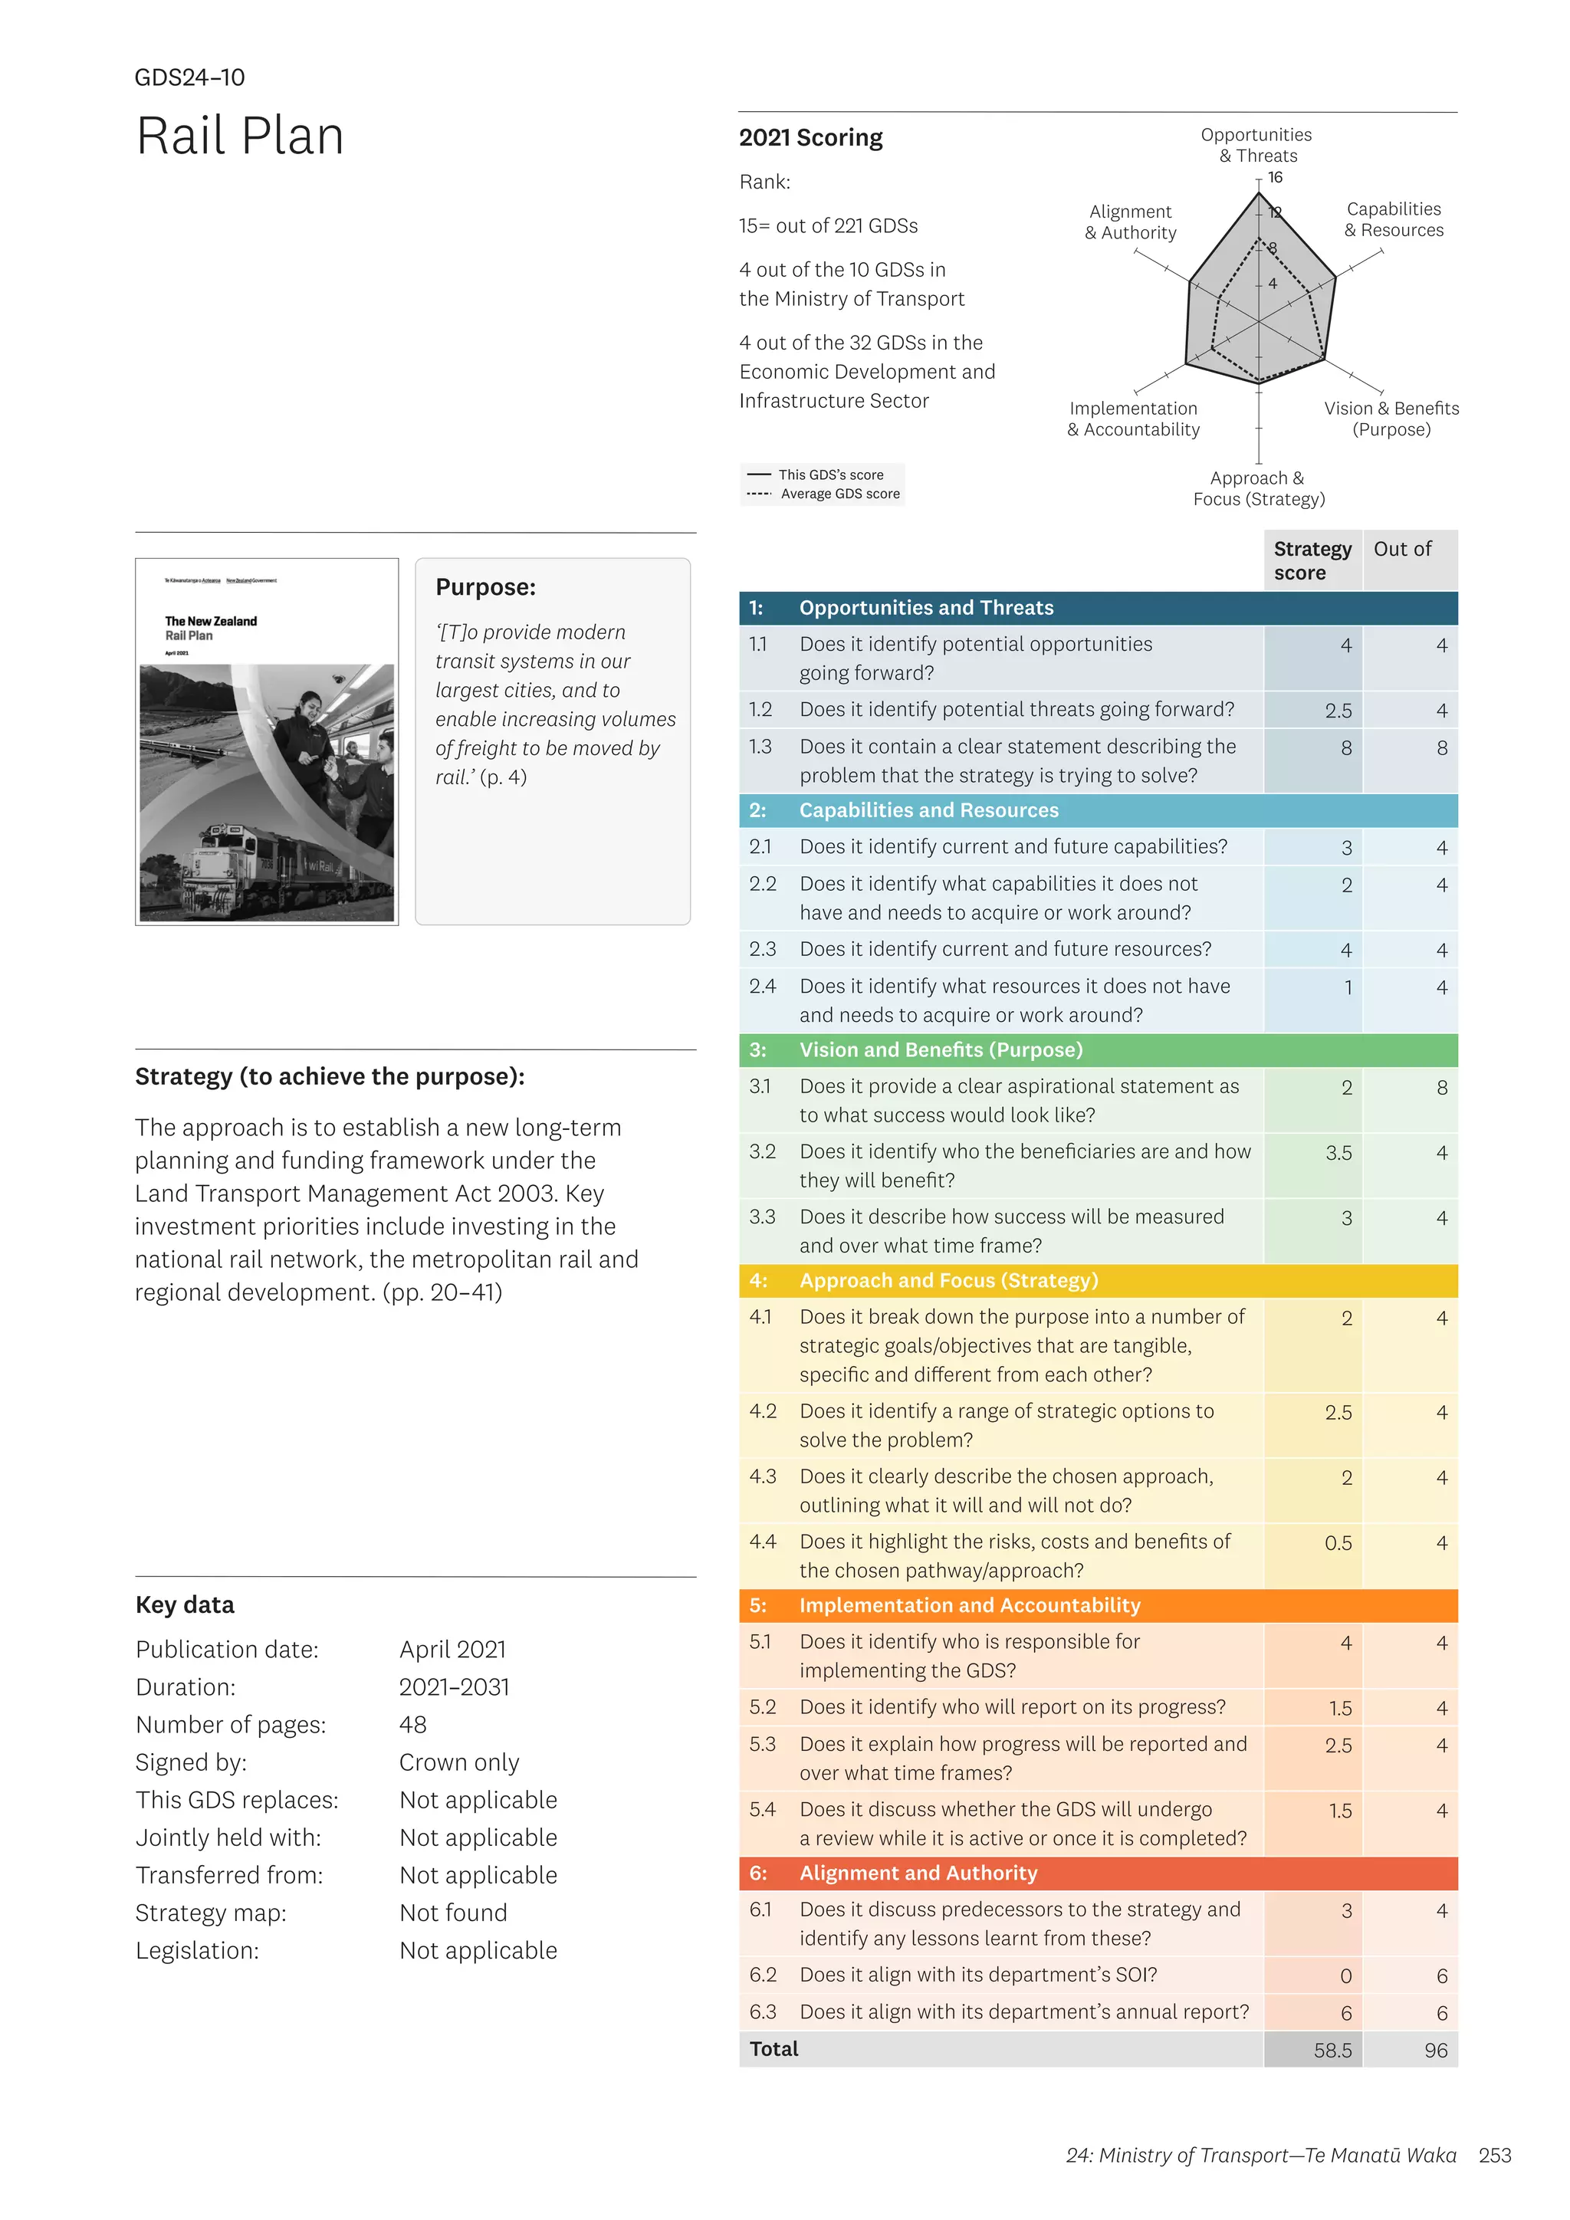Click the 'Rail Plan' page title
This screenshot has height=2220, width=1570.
click(240, 136)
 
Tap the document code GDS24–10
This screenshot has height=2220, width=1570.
click(189, 77)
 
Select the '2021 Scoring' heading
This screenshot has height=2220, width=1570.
click(810, 137)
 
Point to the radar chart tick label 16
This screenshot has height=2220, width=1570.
click(1275, 177)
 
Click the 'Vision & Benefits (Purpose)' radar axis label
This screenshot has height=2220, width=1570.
click(1391, 419)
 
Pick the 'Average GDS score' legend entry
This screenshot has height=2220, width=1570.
click(839, 494)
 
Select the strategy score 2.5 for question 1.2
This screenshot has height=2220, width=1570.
click(1338, 711)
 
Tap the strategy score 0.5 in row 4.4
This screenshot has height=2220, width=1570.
click(1338, 1543)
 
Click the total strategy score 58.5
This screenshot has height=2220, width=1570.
click(1332, 2050)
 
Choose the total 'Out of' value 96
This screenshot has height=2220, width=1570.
click(1436, 2050)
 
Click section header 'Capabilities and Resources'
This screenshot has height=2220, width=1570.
click(928, 810)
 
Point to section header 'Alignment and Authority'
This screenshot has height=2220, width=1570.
click(918, 1873)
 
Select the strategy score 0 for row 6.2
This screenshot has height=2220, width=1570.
click(1345, 1976)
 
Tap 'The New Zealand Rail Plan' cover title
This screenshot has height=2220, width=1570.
click(211, 628)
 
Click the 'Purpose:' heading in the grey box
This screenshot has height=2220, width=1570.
click(485, 587)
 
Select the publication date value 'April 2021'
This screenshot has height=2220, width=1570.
click(452, 1650)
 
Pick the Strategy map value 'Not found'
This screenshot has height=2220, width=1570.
click(452, 1913)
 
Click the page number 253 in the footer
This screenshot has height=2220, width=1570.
click(1495, 2155)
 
